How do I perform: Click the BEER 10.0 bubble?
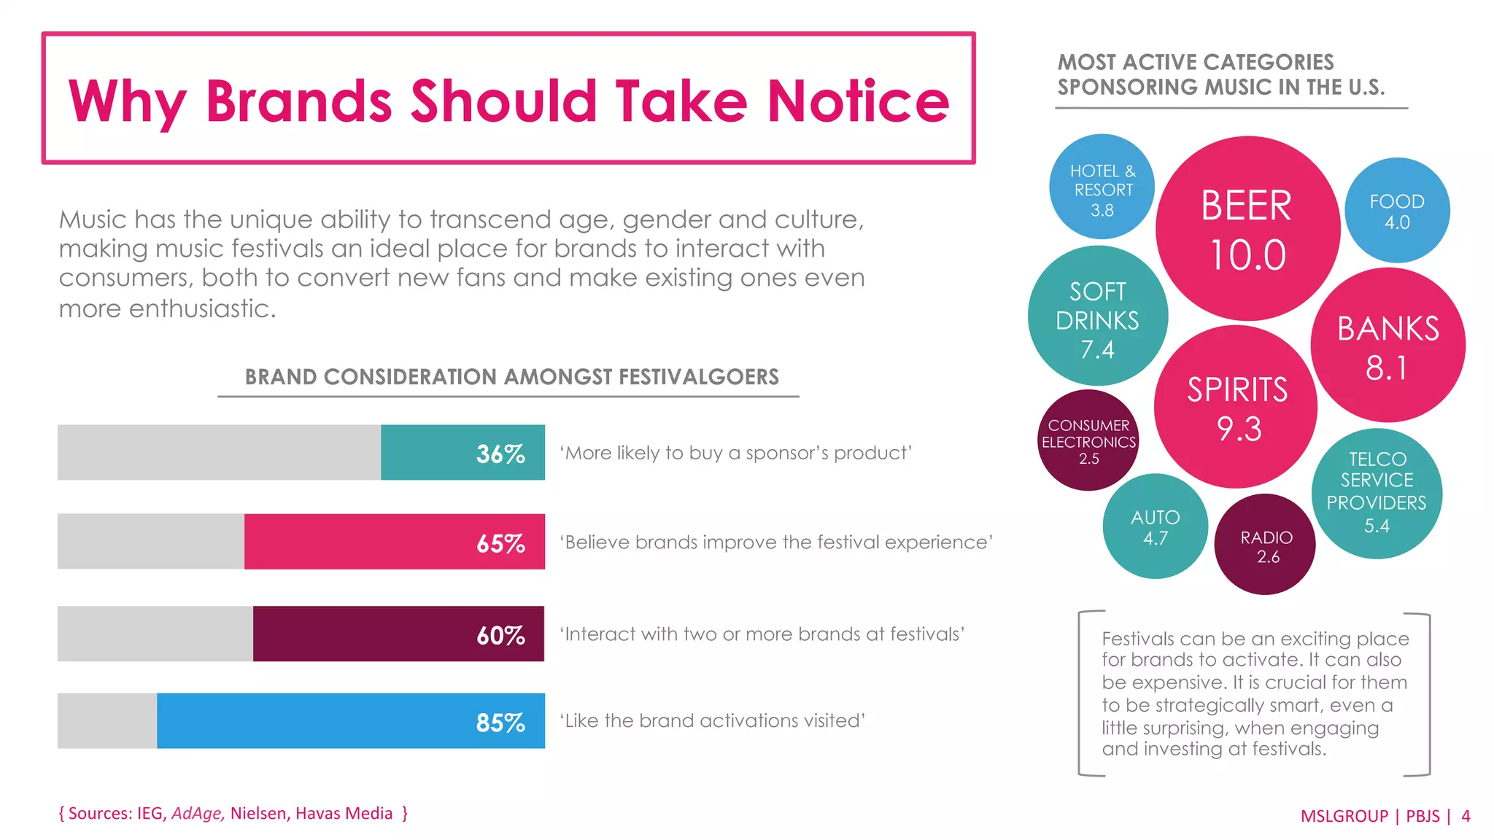[1247, 228]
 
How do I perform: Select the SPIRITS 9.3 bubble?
[1236, 407]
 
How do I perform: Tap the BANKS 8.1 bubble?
[1387, 345]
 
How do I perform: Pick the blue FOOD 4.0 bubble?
[1397, 211]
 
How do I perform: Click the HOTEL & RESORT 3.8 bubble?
[1102, 187]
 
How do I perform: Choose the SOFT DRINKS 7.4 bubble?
[1097, 316]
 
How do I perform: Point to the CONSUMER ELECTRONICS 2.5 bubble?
[1088, 440]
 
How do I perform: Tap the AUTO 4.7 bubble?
[1155, 526]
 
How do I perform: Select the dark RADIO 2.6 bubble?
[1266, 545]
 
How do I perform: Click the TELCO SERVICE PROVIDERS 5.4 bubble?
[1377, 494]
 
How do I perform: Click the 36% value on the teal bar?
[500, 454]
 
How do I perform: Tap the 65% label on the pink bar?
[500, 543]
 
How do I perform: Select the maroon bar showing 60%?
[398, 634]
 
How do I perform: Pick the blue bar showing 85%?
[350, 721]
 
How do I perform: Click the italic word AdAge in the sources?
[197, 813]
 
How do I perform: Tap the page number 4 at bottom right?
[1466, 816]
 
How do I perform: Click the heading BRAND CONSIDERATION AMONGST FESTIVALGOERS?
[511, 377]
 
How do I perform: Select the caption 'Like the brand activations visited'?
[713, 720]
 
